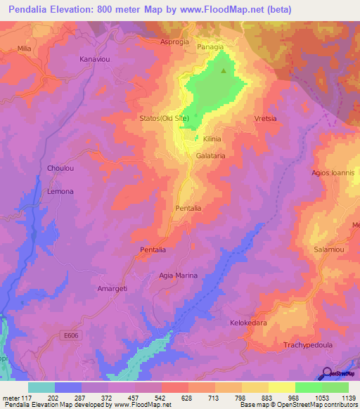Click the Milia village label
tap(24, 48)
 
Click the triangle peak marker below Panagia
tap(224, 70)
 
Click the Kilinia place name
tap(212, 140)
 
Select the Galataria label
tap(210, 156)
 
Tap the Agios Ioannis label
tap(335, 172)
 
